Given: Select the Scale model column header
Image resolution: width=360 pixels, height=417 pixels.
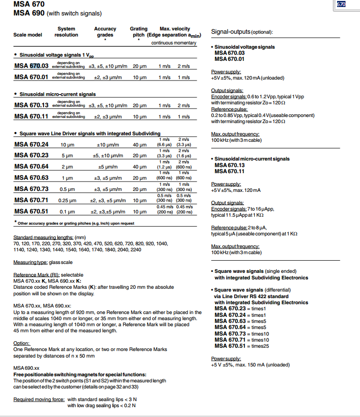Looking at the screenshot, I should [x=28, y=35].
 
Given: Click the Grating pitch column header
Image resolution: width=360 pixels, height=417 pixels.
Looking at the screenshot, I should [x=138, y=32].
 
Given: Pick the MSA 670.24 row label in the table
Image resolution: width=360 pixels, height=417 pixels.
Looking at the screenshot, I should [x=31, y=145].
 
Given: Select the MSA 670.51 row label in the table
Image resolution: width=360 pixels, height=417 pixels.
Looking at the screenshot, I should [x=31, y=211].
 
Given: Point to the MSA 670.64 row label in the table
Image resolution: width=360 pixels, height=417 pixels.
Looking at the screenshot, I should [x=31, y=167].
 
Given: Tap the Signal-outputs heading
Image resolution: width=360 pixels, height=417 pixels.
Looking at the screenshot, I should [x=242, y=32].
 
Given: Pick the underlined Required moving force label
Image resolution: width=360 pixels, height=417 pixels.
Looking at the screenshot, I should [x=38, y=399].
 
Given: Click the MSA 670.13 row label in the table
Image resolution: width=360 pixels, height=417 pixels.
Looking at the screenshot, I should [x=31, y=105].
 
